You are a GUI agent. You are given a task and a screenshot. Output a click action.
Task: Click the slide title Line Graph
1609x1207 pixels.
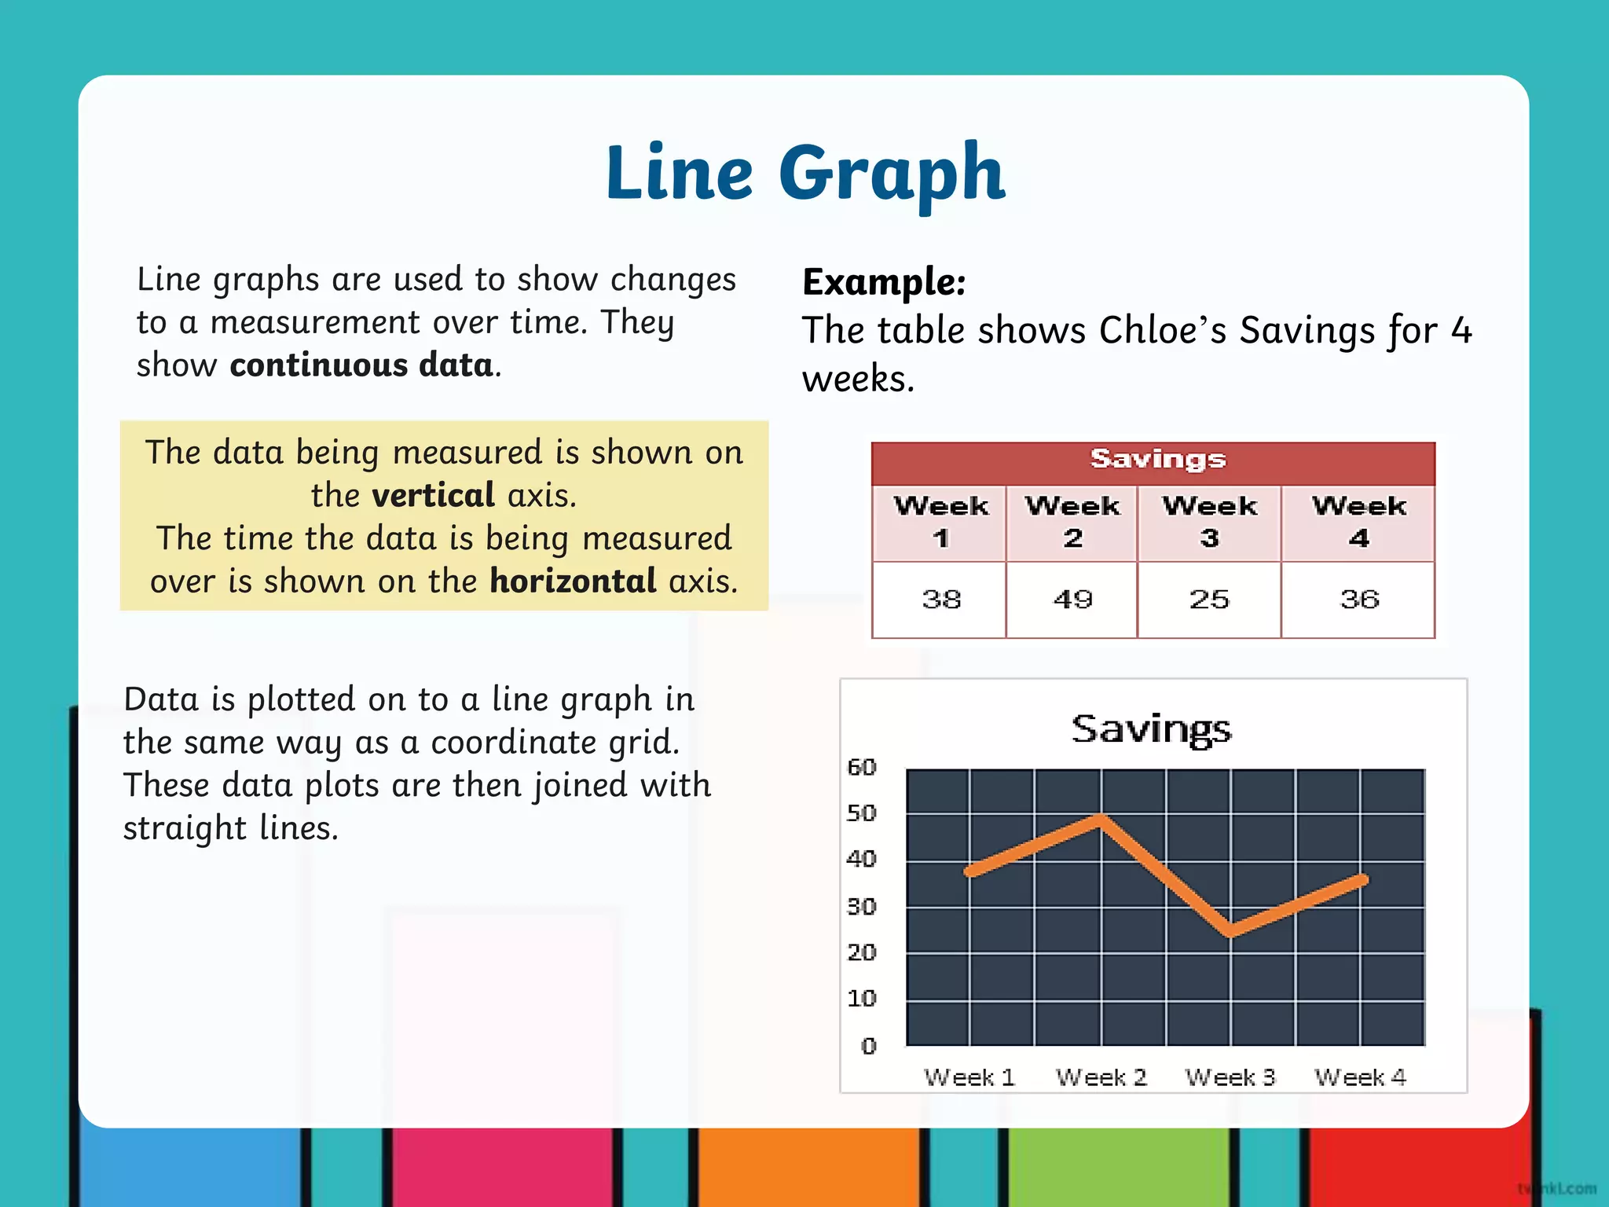point(804,173)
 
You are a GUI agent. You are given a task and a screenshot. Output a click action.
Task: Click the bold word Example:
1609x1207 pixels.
point(884,282)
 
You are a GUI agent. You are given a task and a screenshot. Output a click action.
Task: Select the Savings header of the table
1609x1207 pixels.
point(1157,460)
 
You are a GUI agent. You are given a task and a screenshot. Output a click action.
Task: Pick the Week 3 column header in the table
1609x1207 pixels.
point(1209,522)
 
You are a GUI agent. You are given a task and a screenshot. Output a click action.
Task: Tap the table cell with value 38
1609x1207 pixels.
point(940,600)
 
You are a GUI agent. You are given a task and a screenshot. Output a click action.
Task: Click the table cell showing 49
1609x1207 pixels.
point(1072,600)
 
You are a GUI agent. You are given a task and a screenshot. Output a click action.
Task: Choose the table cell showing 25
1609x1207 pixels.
point(1208,600)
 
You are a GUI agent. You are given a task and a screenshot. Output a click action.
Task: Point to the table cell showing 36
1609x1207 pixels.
point(1359,600)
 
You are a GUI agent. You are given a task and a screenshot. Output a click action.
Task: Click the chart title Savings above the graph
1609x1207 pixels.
point(1152,729)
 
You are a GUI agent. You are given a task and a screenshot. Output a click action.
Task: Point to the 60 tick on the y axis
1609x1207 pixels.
point(861,767)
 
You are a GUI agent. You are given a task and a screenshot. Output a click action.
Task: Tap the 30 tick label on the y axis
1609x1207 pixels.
point(861,907)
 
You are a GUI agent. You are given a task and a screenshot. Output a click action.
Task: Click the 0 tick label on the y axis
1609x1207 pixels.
point(868,1046)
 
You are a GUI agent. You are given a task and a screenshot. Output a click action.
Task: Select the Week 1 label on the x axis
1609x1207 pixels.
point(969,1077)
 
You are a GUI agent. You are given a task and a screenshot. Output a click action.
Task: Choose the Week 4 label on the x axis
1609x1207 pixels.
point(1360,1077)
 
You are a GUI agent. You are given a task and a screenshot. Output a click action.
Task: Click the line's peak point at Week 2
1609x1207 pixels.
point(1101,819)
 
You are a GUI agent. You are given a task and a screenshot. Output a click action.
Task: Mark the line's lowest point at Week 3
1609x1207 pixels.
point(1230,933)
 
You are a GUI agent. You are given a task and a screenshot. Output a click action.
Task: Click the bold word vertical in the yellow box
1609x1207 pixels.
point(433,496)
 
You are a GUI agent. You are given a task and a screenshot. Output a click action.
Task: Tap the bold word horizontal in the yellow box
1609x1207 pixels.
point(573,581)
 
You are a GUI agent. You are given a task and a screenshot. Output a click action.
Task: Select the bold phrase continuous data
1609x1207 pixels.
point(361,365)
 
